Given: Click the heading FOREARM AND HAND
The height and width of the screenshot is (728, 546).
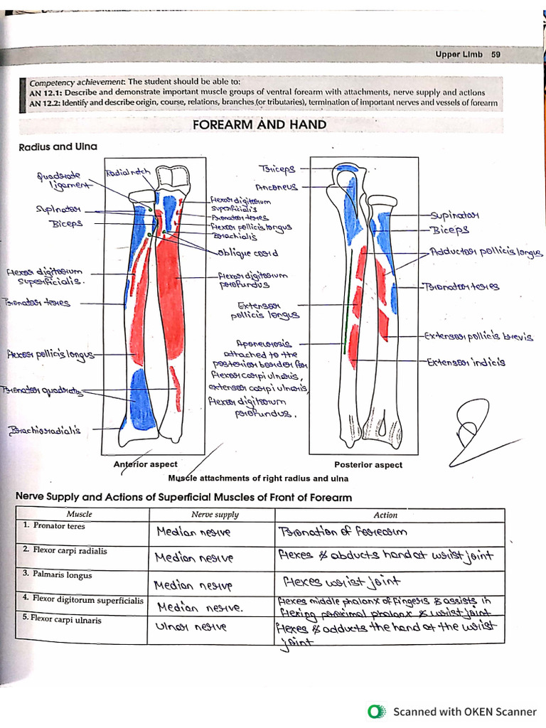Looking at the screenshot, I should [259, 125].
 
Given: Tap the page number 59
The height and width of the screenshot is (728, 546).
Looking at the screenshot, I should [496, 55].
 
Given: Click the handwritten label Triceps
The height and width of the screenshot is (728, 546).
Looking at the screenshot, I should [278, 169].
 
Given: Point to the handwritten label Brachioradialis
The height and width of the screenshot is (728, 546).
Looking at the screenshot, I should [45, 430].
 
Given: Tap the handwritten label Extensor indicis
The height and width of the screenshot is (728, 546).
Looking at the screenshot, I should [466, 362].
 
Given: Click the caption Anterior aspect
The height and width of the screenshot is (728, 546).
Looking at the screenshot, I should [146, 464].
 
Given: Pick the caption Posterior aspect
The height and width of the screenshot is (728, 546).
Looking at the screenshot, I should [368, 465].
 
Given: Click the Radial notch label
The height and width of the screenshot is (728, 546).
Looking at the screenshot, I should [128, 173].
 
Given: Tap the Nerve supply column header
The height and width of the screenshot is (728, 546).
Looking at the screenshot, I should [215, 515].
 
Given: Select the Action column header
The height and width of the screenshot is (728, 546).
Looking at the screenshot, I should [385, 515].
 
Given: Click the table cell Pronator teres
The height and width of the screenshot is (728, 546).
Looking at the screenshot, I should [57, 527].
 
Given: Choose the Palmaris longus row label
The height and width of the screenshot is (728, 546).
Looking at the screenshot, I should [62, 574].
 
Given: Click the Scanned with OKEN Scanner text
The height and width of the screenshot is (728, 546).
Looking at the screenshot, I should [465, 711].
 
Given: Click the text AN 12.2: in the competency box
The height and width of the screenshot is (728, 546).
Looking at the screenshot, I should [44, 103].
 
